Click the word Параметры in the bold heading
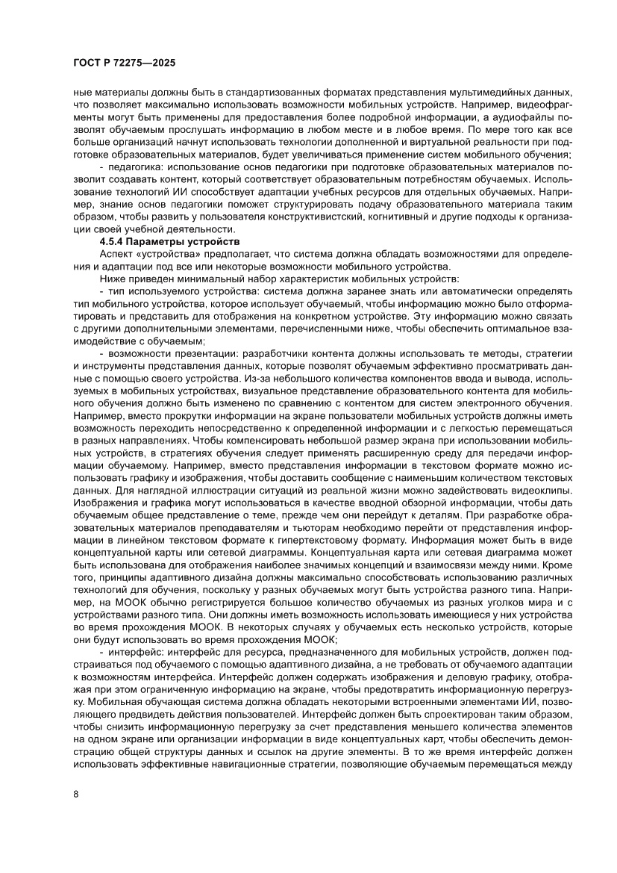point(160,242)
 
